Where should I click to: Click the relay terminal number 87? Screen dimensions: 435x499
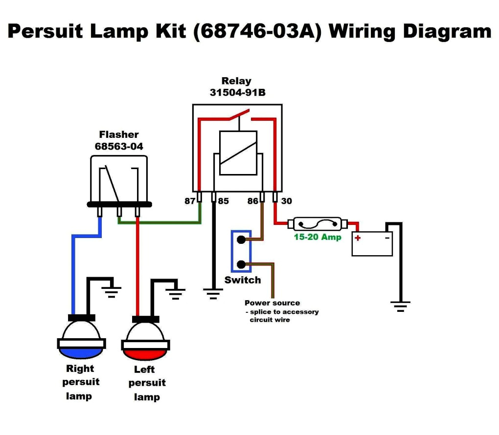coord(190,201)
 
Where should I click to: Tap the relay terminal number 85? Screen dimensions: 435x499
coord(223,201)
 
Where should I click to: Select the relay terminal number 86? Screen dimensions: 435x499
coord(252,201)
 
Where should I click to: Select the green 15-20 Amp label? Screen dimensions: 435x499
coord(317,237)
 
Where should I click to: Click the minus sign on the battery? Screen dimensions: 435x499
coord(387,238)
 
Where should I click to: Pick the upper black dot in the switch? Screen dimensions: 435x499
coord(241,240)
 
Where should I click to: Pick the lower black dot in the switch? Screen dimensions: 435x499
coord(241,265)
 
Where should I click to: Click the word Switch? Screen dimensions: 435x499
coord(243,280)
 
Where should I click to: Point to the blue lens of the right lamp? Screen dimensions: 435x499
coord(81,351)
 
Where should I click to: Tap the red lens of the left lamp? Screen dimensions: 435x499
coord(145,353)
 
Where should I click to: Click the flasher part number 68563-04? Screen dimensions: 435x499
coord(119,146)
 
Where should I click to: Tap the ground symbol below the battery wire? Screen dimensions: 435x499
coord(400,306)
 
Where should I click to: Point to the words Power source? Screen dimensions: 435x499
coord(272,303)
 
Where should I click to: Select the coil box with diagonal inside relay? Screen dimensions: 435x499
coord(238,153)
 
